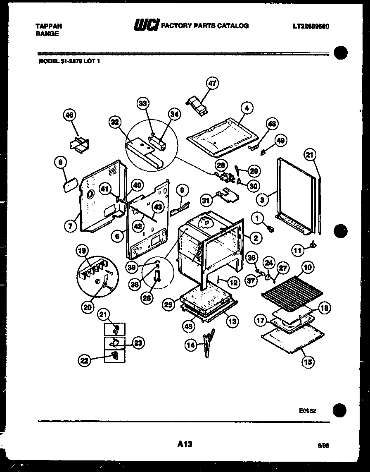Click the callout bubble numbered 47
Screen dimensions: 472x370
212,83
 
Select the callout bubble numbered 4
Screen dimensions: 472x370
247,109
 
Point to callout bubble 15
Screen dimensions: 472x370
308,362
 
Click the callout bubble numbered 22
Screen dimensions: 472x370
84,361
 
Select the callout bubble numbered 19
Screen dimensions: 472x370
82,250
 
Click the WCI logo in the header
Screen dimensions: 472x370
145,26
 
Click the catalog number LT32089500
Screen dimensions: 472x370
311,26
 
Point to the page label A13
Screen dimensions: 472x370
185,444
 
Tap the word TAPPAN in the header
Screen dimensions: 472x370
49,26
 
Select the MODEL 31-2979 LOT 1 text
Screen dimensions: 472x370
69,61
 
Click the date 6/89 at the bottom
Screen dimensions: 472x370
323,446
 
